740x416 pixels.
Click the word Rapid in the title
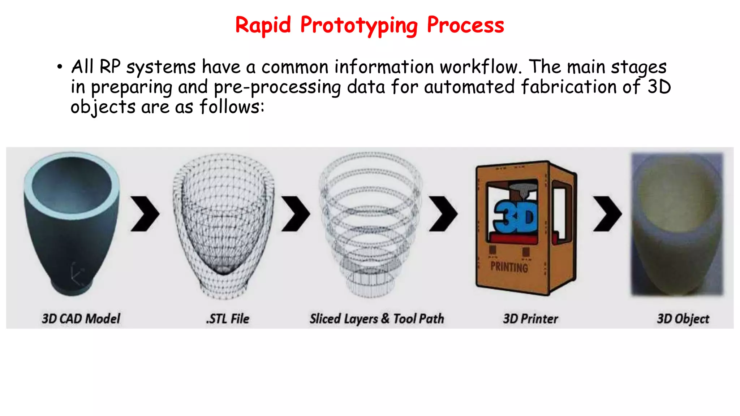263,25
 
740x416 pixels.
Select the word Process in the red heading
465,25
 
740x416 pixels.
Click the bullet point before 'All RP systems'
60,67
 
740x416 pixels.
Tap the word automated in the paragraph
469,87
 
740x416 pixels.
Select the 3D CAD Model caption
81,318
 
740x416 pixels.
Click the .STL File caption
228,318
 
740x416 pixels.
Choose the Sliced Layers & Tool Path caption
377,318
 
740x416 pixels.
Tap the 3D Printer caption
530,318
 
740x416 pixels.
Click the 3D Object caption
683,318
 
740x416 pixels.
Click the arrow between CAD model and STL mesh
145,214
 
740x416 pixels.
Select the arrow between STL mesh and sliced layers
296,214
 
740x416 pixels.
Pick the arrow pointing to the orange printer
443,214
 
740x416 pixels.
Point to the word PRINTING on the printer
509,267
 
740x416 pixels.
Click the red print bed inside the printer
513,238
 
